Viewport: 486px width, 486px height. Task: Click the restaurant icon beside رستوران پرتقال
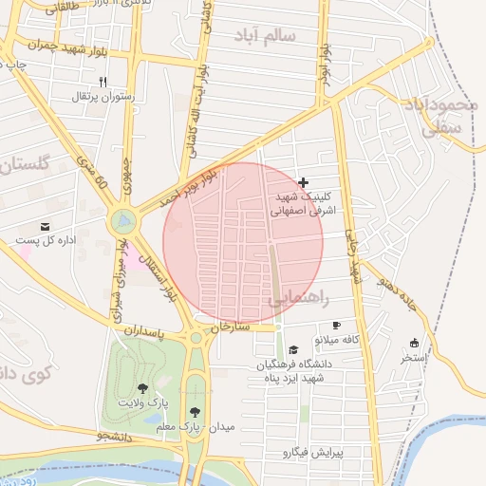coord(103,82)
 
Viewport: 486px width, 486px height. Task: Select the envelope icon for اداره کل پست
coord(45,226)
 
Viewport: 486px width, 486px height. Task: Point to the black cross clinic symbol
coord(303,181)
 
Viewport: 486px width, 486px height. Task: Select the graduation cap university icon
coord(293,349)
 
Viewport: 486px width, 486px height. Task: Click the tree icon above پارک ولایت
coord(143,387)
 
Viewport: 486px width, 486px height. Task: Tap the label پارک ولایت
coord(142,402)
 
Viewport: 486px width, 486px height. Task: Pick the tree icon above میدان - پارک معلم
coord(195,412)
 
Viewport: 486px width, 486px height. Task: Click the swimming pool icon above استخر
coord(414,343)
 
